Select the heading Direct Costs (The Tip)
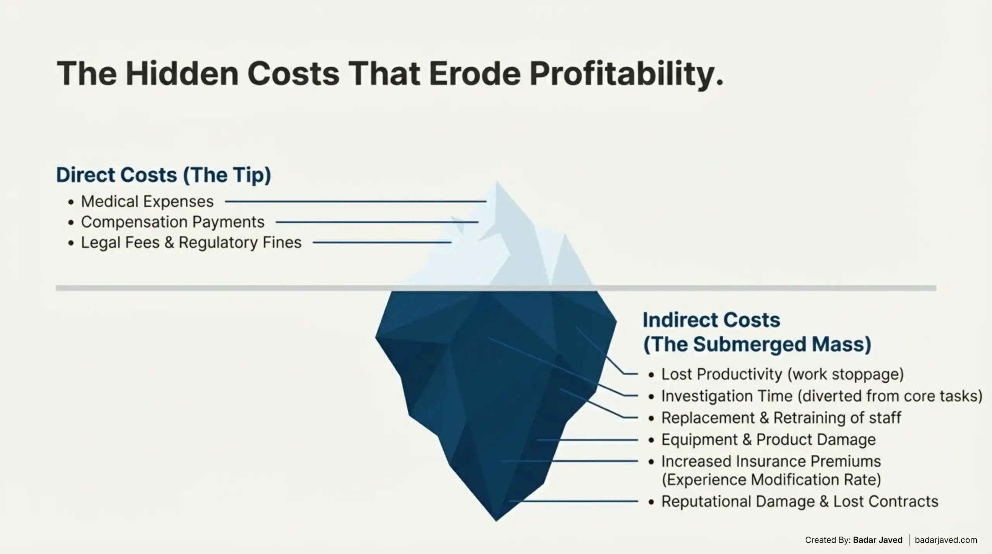[164, 175]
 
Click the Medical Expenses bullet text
[147, 202]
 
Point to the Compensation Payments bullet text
[172, 222]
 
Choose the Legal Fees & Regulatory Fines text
[191, 243]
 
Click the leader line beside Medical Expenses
[355, 202]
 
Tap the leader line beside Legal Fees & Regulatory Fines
[382, 243]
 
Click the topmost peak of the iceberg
[497, 183]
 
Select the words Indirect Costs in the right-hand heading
[711, 320]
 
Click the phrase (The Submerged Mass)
[757, 344]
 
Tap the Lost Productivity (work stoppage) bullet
[782, 374]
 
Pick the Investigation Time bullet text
[821, 396]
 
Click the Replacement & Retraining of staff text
[781, 418]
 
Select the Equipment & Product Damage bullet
[768, 440]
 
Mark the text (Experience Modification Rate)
[771, 480]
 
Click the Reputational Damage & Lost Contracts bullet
[799, 502]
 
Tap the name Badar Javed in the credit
[878, 540]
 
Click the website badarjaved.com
[946, 540]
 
